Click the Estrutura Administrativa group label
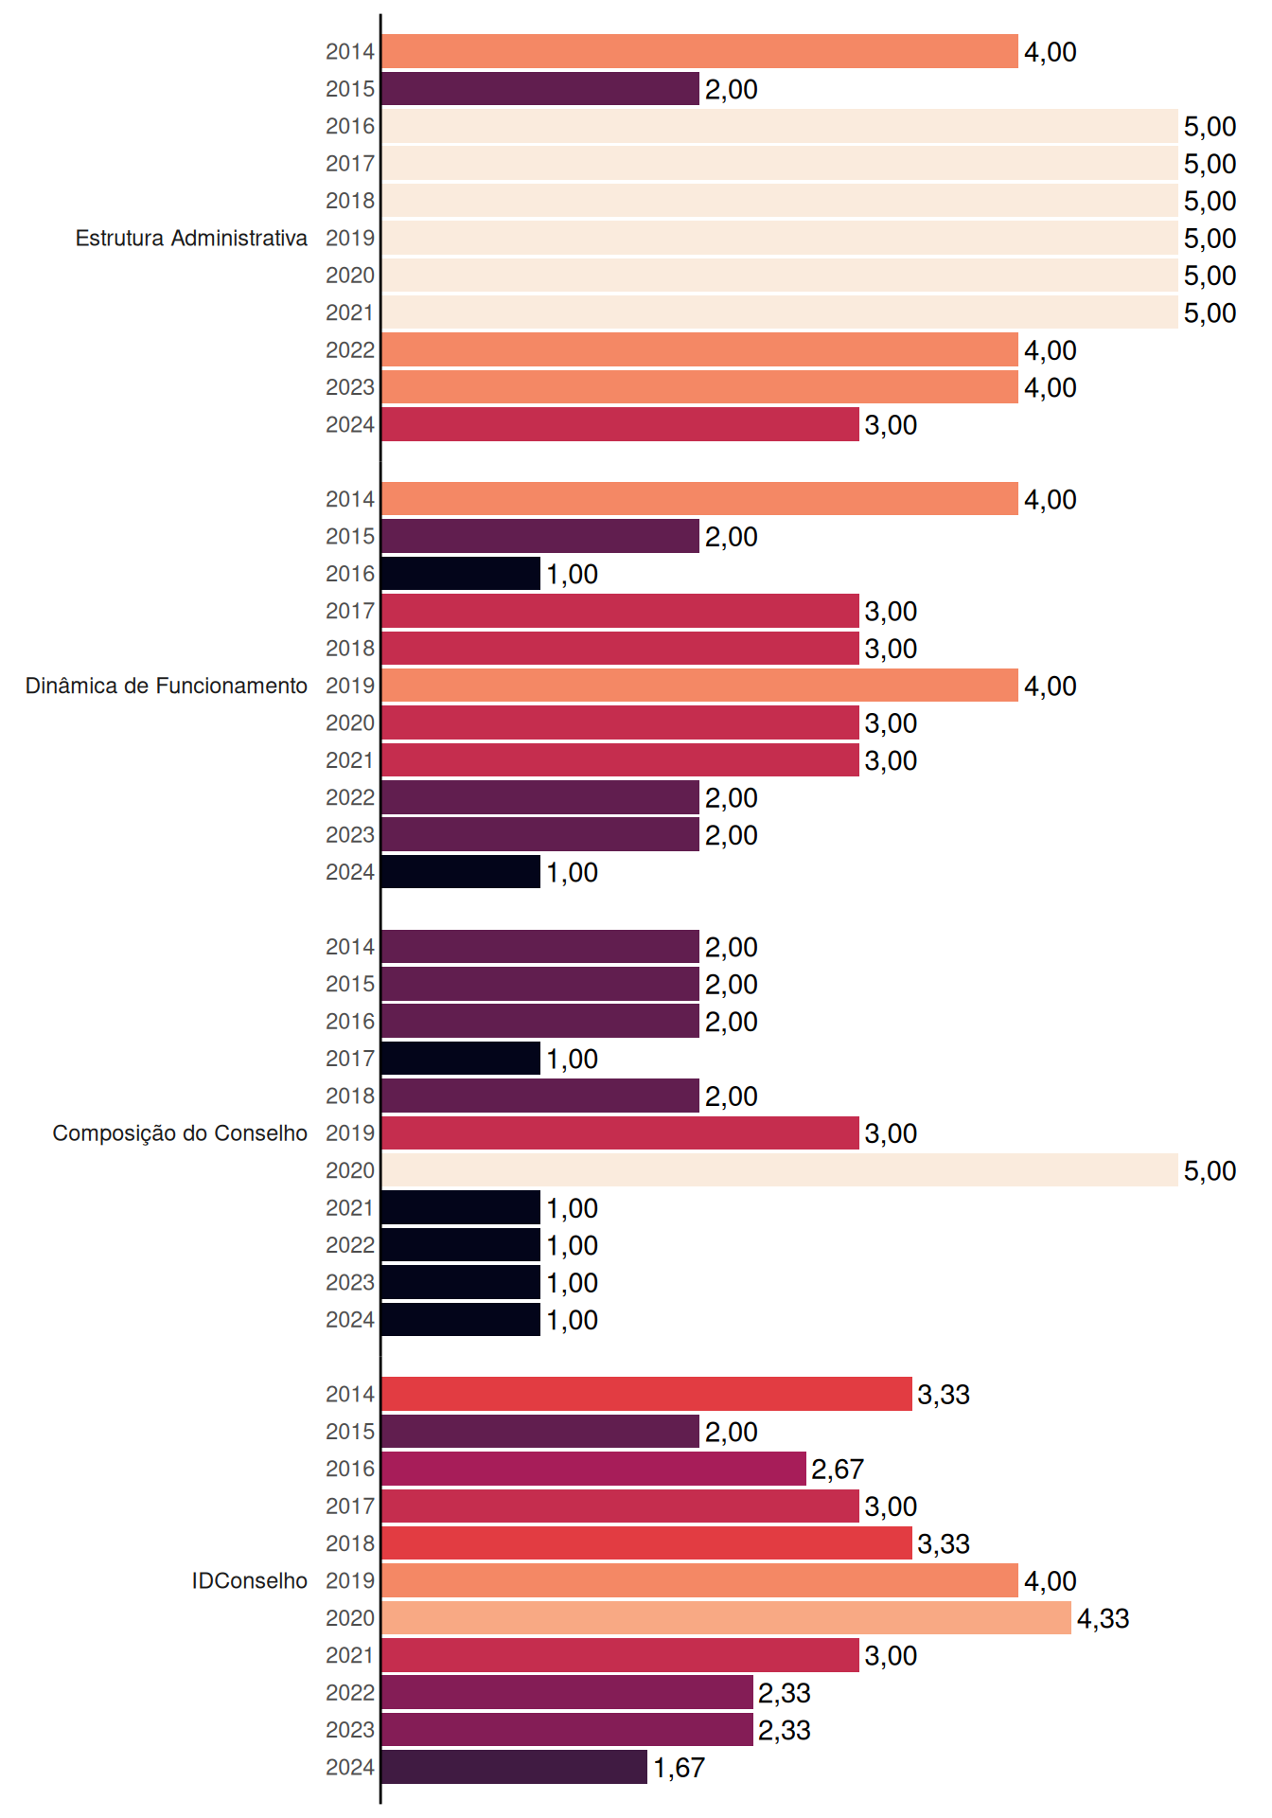pos(191,238)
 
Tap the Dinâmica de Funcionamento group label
pos(167,686)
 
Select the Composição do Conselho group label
pos(180,1133)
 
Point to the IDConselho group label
pos(250,1580)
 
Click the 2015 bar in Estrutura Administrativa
pos(540,89)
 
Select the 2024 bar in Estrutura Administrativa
pos(620,424)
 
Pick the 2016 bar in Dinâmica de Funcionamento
pos(461,574)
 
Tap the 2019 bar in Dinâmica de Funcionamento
pos(700,686)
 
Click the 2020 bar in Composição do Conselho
pos(780,1170)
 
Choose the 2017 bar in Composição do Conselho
pos(461,1059)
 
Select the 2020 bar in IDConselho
pos(727,1618)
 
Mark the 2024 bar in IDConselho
pos(515,1767)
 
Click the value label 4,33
pos(1103,1619)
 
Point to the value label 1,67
pos(679,1768)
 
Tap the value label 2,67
pos(838,1470)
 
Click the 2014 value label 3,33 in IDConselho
pos(944,1395)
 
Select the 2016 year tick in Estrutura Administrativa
pos(350,126)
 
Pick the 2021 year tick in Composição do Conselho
pos(350,1208)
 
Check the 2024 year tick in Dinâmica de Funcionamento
pos(350,872)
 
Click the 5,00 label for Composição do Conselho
pos(1210,1171)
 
